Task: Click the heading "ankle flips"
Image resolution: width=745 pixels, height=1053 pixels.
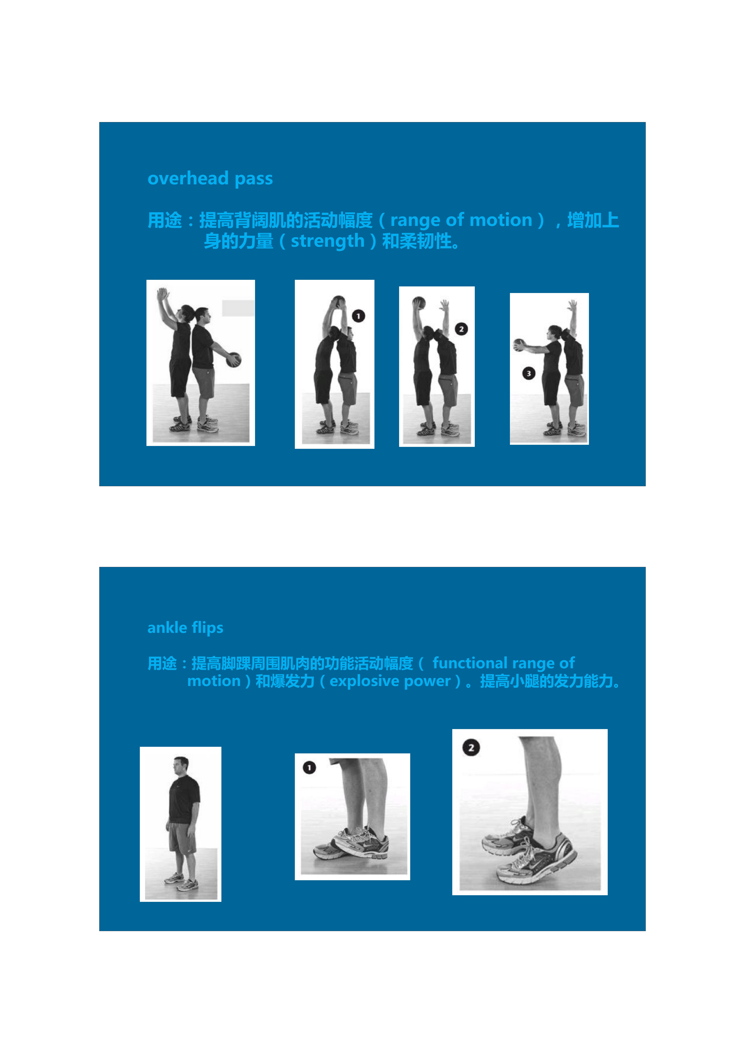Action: (185, 627)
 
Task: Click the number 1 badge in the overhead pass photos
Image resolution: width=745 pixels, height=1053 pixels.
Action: (359, 316)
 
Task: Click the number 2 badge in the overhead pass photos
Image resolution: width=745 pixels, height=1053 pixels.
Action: (461, 329)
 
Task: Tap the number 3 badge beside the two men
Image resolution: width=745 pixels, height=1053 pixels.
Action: (529, 373)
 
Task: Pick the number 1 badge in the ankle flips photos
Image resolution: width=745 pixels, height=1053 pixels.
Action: (309, 767)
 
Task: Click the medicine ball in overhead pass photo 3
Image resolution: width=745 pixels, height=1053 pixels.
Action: (520, 344)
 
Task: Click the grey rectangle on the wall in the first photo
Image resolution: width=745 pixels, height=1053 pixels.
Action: (238, 308)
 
